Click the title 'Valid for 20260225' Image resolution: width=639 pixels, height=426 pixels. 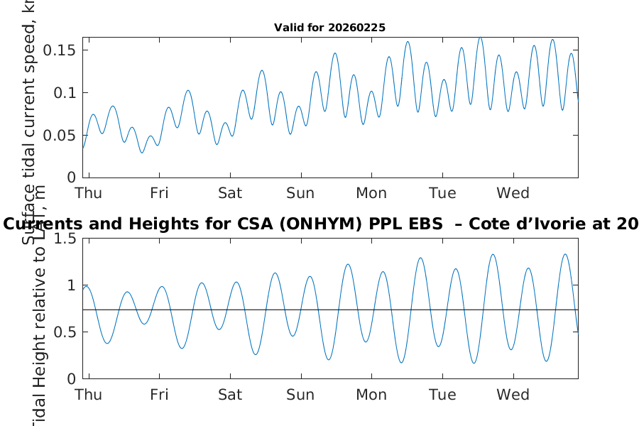(329, 28)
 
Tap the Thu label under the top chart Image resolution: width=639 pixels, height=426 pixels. (89, 193)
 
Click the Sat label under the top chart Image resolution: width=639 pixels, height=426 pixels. (230, 193)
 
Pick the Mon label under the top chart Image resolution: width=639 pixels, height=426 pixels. (371, 193)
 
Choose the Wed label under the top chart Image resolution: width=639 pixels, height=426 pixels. (513, 193)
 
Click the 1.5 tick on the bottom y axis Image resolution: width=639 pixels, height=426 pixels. (65, 239)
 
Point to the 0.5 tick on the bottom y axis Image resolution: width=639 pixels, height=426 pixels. (65, 332)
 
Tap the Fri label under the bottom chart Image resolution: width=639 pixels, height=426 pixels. (159, 395)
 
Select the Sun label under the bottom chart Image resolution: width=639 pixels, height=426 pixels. (300, 395)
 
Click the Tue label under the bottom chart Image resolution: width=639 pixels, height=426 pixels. (442, 395)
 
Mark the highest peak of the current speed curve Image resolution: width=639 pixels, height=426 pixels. (480, 38)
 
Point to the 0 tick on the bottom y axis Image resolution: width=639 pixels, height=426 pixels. (70, 378)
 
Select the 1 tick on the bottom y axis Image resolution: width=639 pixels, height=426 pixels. (70, 285)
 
